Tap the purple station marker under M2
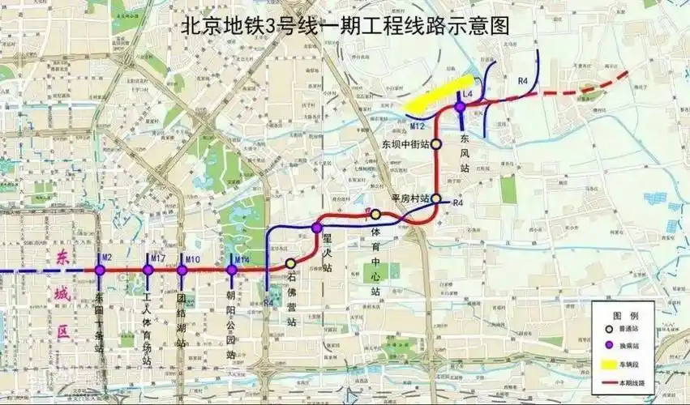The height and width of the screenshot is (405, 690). coord(100,270)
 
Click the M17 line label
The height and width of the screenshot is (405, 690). coord(158,258)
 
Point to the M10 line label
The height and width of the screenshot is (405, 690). coord(192,259)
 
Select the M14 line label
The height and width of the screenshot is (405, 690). coord(242,259)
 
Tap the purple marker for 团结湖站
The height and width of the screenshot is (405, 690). coord(182,270)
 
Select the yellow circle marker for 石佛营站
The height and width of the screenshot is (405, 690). coord(291,263)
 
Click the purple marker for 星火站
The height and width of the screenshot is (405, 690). coord(317,228)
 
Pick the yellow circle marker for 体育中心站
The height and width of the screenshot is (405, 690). coord(375,214)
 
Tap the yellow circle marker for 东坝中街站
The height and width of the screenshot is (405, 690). coord(435,143)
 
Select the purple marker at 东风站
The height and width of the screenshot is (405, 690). coord(460,106)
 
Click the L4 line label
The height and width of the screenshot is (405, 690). coord(468,94)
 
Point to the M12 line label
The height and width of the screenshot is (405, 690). coord(418,126)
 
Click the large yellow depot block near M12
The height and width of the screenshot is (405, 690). coord(439,93)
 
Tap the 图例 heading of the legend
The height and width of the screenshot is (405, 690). coord(624,315)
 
